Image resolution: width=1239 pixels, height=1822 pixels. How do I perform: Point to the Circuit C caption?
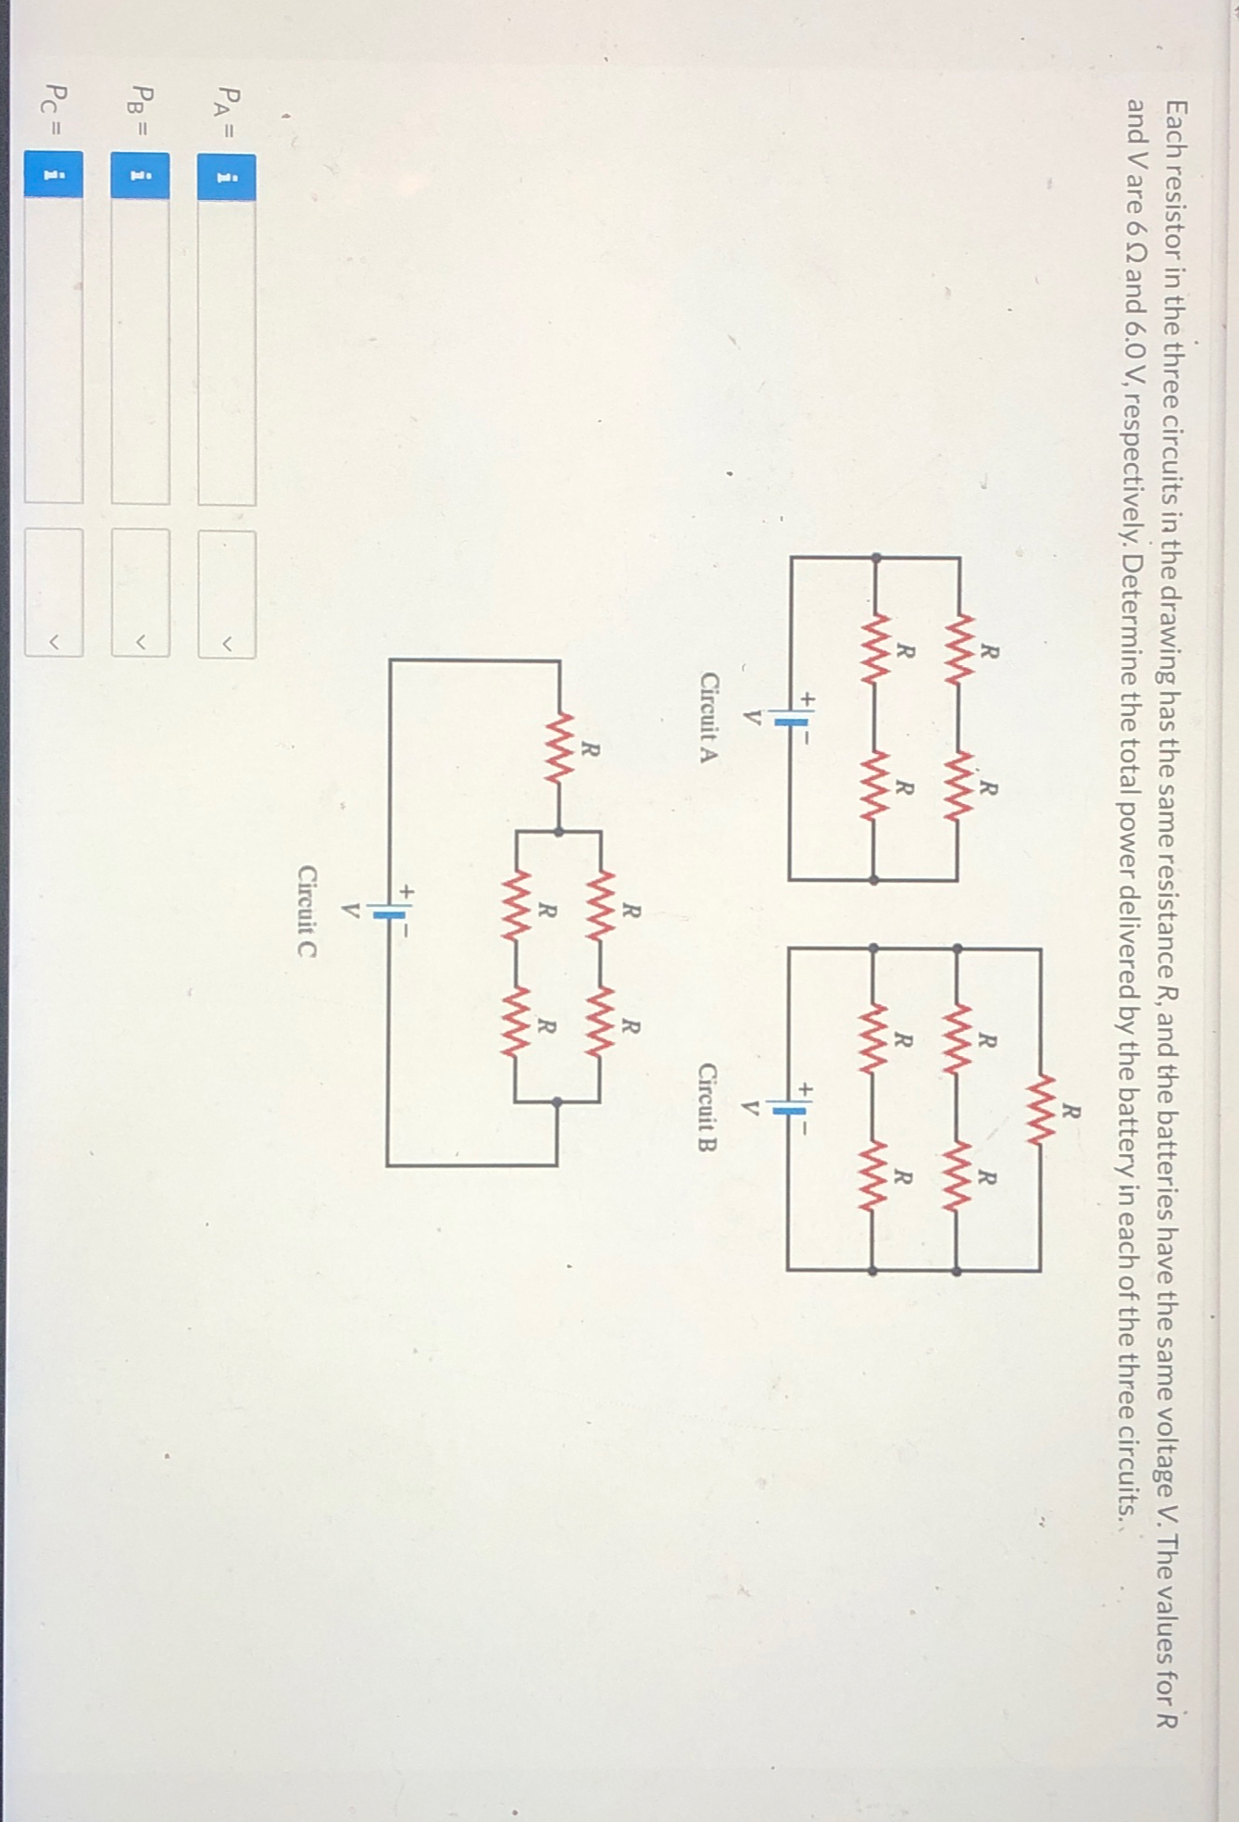click(307, 911)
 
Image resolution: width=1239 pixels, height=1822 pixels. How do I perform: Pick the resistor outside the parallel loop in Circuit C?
click(558, 747)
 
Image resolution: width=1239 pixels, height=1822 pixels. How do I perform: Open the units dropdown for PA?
click(227, 594)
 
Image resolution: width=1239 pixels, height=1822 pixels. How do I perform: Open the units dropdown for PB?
click(141, 594)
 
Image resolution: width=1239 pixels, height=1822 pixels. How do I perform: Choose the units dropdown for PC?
click(54, 594)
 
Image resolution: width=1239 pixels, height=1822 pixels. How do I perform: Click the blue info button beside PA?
click(227, 176)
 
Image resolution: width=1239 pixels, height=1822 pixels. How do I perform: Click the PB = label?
click(141, 111)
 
